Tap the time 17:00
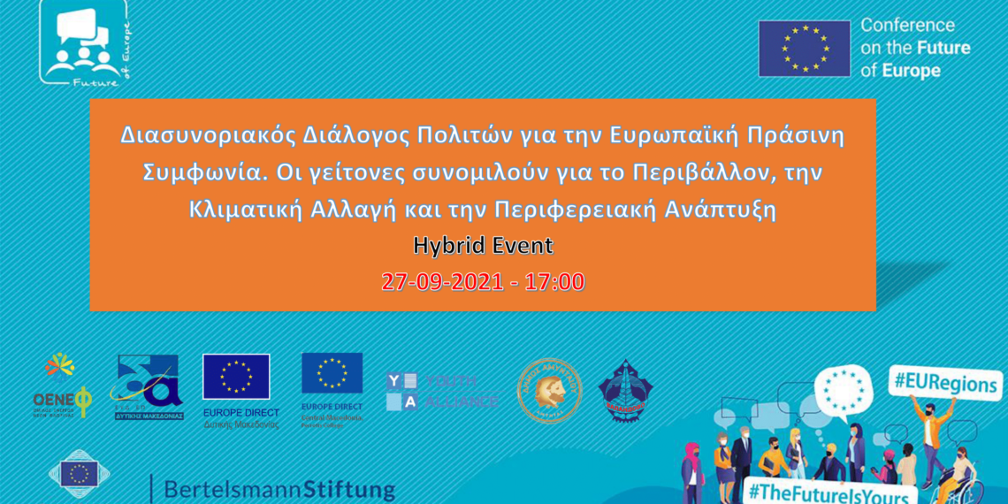(x=554, y=282)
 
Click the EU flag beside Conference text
(x=803, y=49)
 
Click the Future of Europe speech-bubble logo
(x=85, y=44)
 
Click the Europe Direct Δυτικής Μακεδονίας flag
(x=236, y=378)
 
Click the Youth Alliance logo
(x=442, y=391)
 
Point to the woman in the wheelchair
(x=959, y=474)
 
